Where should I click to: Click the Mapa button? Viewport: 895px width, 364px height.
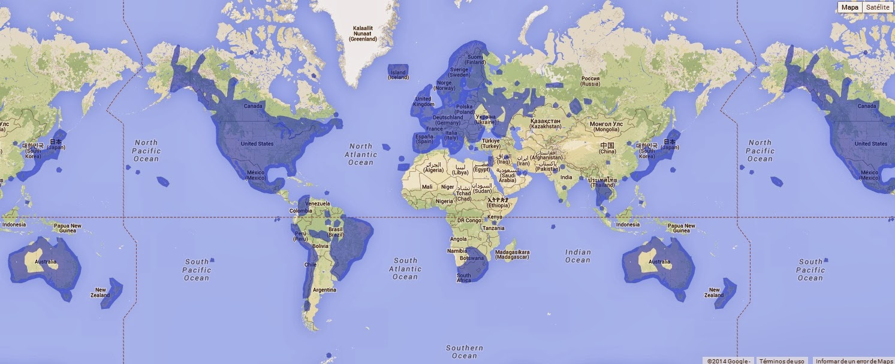pos(849,7)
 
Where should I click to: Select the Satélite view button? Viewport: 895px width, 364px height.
pos(878,7)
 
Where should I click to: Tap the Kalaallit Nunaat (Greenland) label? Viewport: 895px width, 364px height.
pos(364,34)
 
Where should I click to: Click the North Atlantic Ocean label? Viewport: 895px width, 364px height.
pos(361,154)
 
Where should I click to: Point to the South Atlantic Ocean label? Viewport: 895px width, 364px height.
pos(405,269)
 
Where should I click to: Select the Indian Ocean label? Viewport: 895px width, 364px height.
pos(578,256)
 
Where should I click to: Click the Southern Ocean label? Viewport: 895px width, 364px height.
pos(465,352)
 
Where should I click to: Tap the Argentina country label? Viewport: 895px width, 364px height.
pos(324,290)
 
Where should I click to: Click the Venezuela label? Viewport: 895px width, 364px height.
pos(317,204)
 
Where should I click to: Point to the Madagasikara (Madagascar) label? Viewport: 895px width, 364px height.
pos(513,254)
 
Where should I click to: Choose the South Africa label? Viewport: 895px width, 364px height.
pos(464,278)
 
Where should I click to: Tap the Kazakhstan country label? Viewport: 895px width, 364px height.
pos(545,124)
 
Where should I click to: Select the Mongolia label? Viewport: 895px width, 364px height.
pos(606,126)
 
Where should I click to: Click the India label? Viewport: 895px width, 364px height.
pos(566,177)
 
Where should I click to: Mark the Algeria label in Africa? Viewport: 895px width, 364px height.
pos(433,167)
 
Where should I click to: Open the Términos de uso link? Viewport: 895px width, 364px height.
pos(782,360)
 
